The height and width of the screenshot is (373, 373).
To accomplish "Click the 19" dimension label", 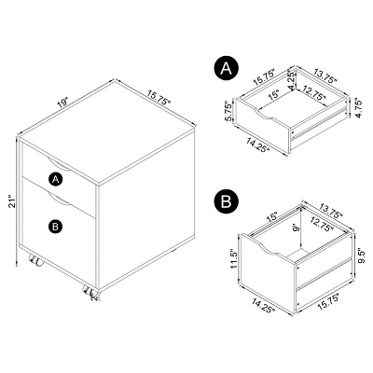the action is pyautogui.click(x=62, y=103).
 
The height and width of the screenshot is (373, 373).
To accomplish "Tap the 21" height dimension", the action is pyautogui.click(x=12, y=201).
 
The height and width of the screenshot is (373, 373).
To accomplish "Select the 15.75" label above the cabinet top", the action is pyautogui.click(x=159, y=97).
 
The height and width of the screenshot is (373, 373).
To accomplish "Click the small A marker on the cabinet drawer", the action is pyautogui.click(x=56, y=179).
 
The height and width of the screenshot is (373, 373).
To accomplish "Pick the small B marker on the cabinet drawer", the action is pyautogui.click(x=56, y=226).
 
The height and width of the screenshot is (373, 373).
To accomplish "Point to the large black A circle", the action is pyautogui.click(x=226, y=68).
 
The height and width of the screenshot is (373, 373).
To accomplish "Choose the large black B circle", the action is pyautogui.click(x=226, y=201).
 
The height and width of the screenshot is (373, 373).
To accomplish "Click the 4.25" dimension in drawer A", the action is pyautogui.click(x=292, y=81).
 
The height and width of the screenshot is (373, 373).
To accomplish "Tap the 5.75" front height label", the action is pyautogui.click(x=228, y=111).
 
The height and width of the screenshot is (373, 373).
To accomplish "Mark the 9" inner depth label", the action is pyautogui.click(x=297, y=228).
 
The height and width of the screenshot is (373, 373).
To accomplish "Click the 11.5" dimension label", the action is pyautogui.click(x=234, y=258).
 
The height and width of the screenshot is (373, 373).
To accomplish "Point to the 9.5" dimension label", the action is pyautogui.click(x=359, y=256).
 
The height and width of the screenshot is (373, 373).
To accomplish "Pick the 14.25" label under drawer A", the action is pyautogui.click(x=257, y=145).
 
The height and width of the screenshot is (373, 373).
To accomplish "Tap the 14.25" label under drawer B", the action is pyautogui.click(x=264, y=305).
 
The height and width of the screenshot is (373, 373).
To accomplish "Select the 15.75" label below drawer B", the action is pyautogui.click(x=330, y=301).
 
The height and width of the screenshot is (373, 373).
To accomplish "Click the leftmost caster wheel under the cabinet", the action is pyautogui.click(x=35, y=260).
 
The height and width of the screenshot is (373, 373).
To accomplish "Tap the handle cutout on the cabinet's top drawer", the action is pyautogui.click(x=58, y=164).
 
